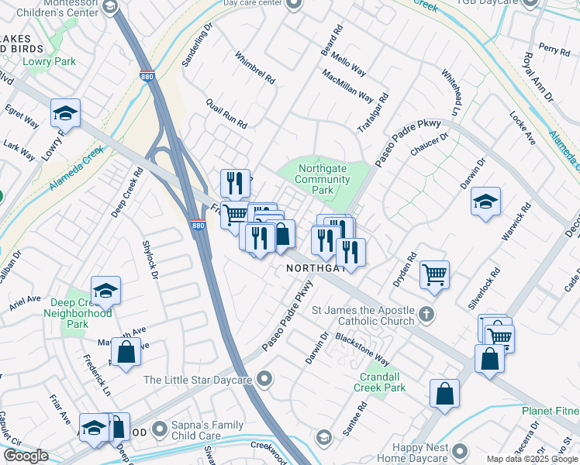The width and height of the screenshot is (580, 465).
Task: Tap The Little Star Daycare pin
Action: [265, 379]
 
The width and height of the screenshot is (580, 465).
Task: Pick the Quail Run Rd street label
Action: [226, 113]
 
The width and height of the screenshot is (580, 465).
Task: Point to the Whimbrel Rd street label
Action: [254, 68]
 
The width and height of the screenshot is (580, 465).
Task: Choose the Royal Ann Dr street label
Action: [537, 77]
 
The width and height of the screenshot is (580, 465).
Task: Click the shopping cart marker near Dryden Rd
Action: [435, 273]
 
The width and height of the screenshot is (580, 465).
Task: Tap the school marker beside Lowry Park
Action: [66, 113]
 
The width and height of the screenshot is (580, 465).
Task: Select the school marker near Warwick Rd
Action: [485, 201]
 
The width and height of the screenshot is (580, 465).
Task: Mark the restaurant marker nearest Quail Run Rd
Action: [235, 183]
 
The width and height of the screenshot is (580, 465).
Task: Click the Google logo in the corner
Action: [26, 456]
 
